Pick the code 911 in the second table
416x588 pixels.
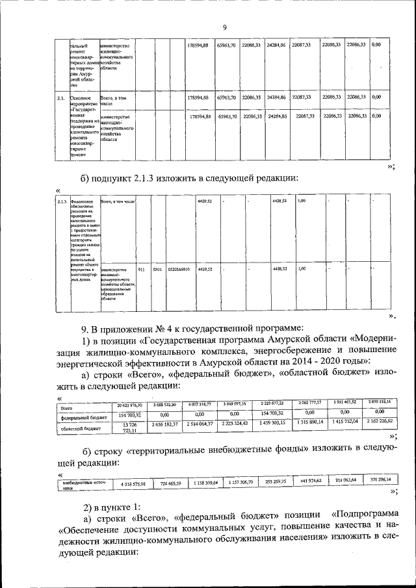click(142, 268)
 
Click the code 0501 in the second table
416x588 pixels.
click(157, 268)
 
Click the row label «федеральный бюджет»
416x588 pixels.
click(81, 418)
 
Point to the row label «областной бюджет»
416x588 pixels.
click(77, 429)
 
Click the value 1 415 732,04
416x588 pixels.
click(344, 422)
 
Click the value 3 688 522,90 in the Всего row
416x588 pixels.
click(167, 405)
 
